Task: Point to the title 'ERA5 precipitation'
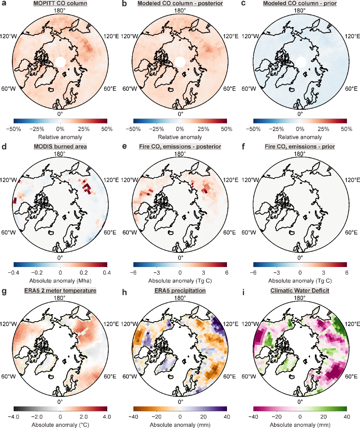[x=180, y=291]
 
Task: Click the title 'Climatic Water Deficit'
[x=300, y=291]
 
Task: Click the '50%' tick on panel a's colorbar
[x=107, y=129]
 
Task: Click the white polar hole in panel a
[x=60, y=61]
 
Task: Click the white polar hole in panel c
[x=301, y=61]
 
